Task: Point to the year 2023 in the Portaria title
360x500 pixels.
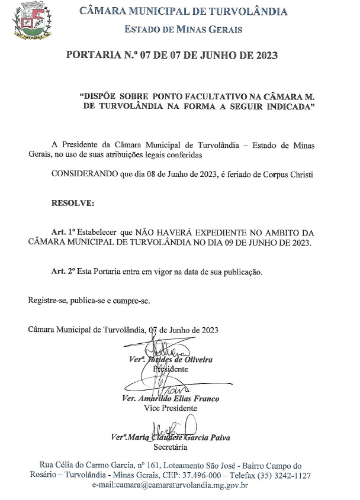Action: coord(262,57)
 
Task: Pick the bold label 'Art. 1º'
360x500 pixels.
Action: coord(64,233)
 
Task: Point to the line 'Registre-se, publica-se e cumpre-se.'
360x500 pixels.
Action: coord(89,300)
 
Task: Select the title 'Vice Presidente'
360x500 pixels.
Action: coord(171,408)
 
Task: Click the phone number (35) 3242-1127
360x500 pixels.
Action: coord(285,476)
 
